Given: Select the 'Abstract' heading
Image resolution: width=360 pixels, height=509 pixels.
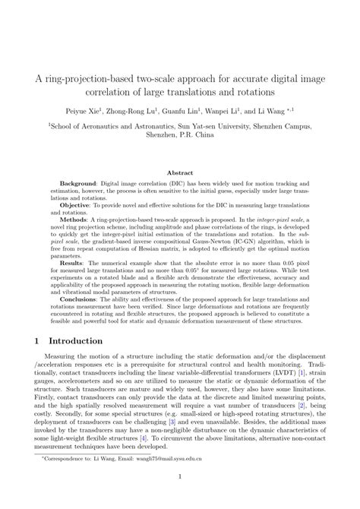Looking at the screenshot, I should pyautogui.click(x=180, y=174).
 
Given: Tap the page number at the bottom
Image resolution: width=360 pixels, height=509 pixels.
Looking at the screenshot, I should pyautogui.click(x=180, y=499).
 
